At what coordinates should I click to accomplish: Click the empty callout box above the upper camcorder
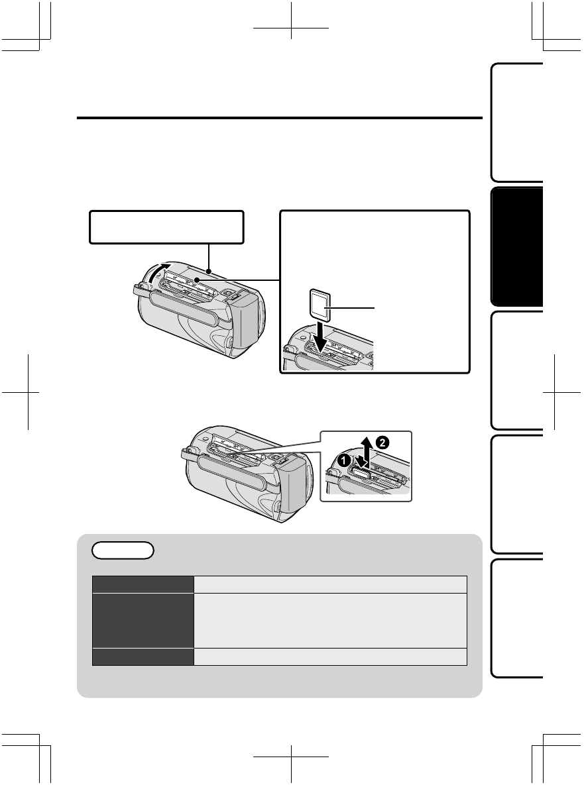tap(166, 227)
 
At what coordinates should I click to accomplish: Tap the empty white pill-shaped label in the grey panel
tap(123, 550)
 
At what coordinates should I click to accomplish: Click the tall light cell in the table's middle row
tap(331, 620)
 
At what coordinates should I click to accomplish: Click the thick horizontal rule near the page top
tap(279, 119)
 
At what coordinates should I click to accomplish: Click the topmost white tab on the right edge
tap(517, 123)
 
